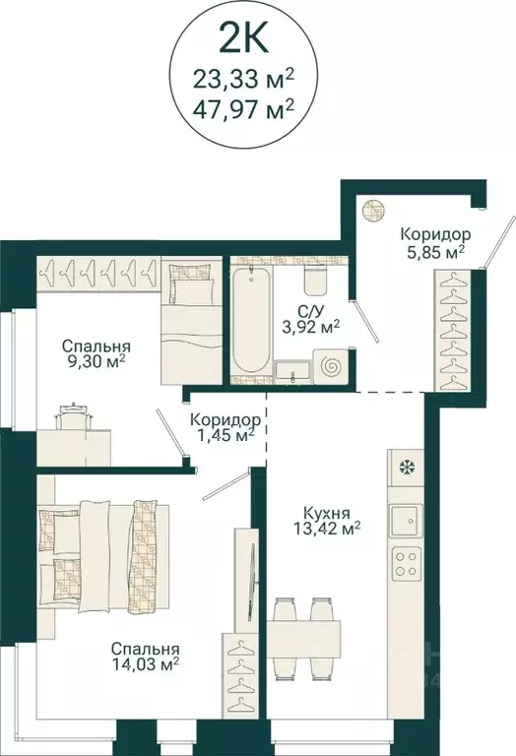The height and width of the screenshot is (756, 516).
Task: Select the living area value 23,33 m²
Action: tap(258, 74)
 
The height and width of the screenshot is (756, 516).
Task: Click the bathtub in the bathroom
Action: tap(251, 320)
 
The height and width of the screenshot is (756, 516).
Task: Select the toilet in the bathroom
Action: tap(316, 281)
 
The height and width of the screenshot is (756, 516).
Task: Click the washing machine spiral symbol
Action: tap(331, 367)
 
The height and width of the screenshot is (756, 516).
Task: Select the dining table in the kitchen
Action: tap(304, 638)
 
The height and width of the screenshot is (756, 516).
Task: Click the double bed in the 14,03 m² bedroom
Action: tap(103, 556)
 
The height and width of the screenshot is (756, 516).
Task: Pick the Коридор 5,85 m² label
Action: tap(434, 243)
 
